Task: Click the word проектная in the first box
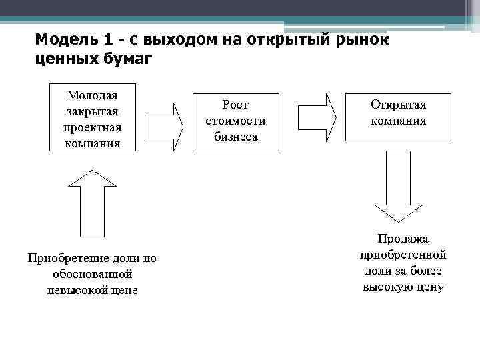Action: (93, 127)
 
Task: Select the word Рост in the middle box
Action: (235, 105)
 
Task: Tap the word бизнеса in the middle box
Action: (235, 137)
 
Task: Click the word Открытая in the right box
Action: (398, 105)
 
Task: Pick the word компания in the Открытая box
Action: (398, 122)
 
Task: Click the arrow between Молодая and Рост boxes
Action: (163, 125)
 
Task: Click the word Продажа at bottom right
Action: (403, 239)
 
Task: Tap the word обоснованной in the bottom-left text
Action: (92, 274)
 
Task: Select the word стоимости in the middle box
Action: (235, 121)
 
